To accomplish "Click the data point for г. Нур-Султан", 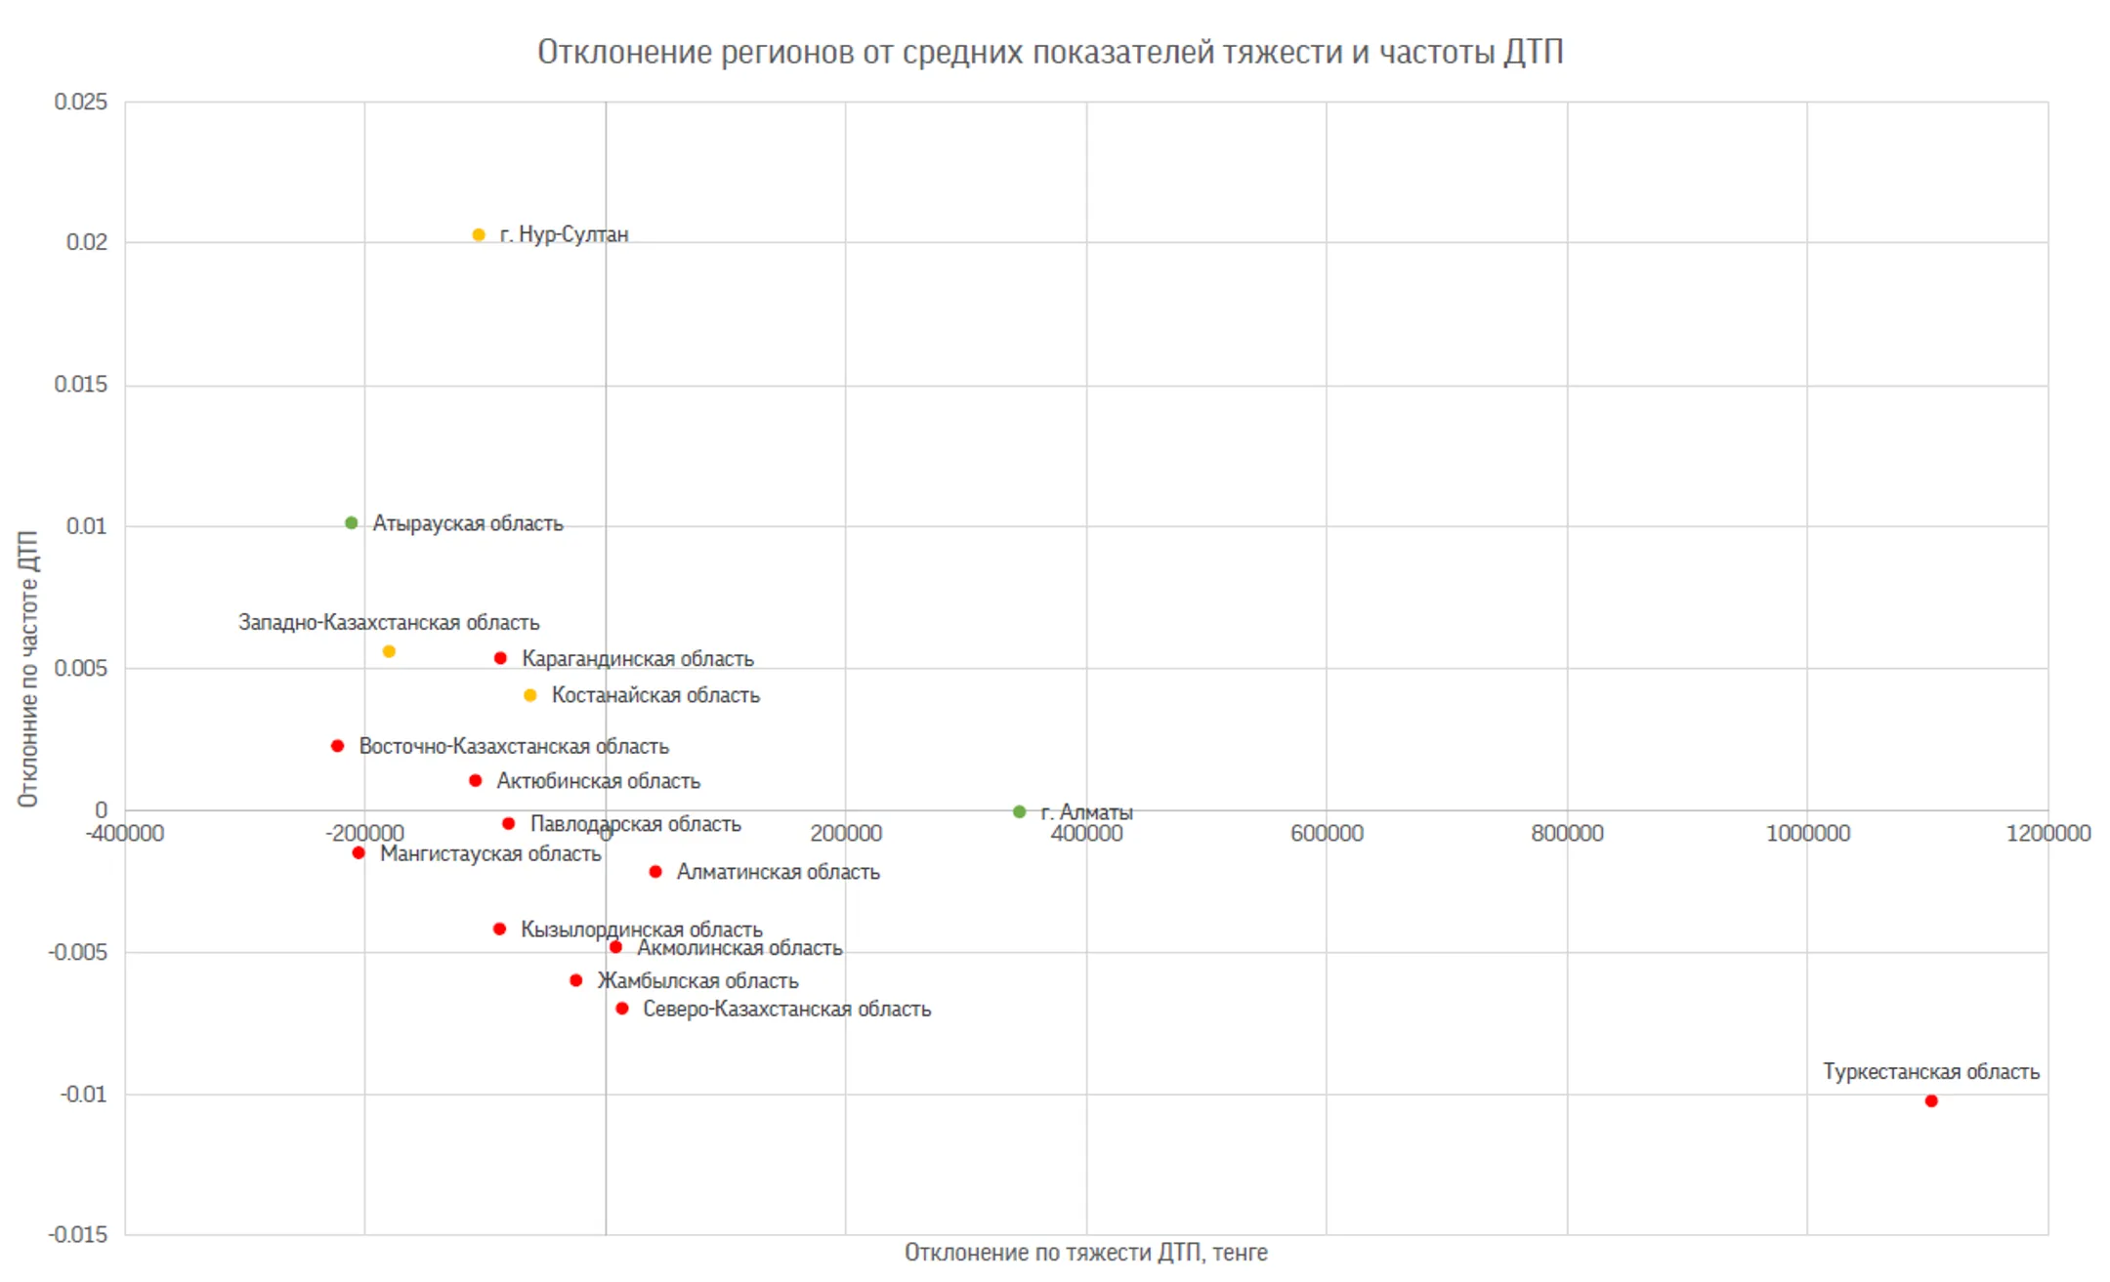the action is [x=479, y=234].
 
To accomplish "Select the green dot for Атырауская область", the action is [x=352, y=523].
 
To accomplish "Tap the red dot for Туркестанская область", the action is [x=1931, y=1101].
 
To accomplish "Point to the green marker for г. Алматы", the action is [x=1020, y=811].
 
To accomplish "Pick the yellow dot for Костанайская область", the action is [x=530, y=695].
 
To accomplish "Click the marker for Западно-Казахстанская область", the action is [x=389, y=651].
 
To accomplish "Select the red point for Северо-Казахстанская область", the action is [x=622, y=1009].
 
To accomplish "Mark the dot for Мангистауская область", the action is [x=359, y=853].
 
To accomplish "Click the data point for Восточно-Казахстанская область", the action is [x=338, y=746].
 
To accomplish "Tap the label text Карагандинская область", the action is [x=638, y=659].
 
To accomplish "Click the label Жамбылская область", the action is [x=698, y=980].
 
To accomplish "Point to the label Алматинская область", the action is [x=779, y=872].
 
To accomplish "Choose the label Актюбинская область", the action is [x=599, y=781].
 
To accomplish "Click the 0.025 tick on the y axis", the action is [x=81, y=102].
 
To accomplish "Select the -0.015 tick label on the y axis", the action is [x=78, y=1234].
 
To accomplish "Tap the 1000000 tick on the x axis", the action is [x=1808, y=833].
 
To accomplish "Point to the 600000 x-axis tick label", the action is [x=1327, y=833].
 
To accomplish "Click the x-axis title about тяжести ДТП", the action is [x=1086, y=1253].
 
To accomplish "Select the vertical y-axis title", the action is [x=28, y=669].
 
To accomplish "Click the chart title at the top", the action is [x=1050, y=52].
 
